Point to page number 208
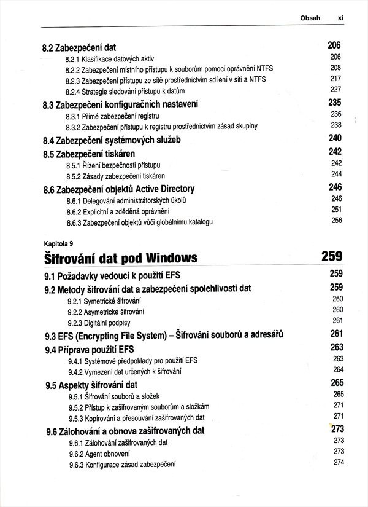click(x=335, y=68)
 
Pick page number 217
click(x=335, y=79)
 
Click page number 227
click(x=335, y=90)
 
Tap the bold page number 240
click(x=335, y=138)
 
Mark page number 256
click(x=336, y=221)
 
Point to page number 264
click(x=338, y=369)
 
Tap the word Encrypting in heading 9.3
click(x=94, y=335)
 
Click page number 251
click(x=336, y=210)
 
